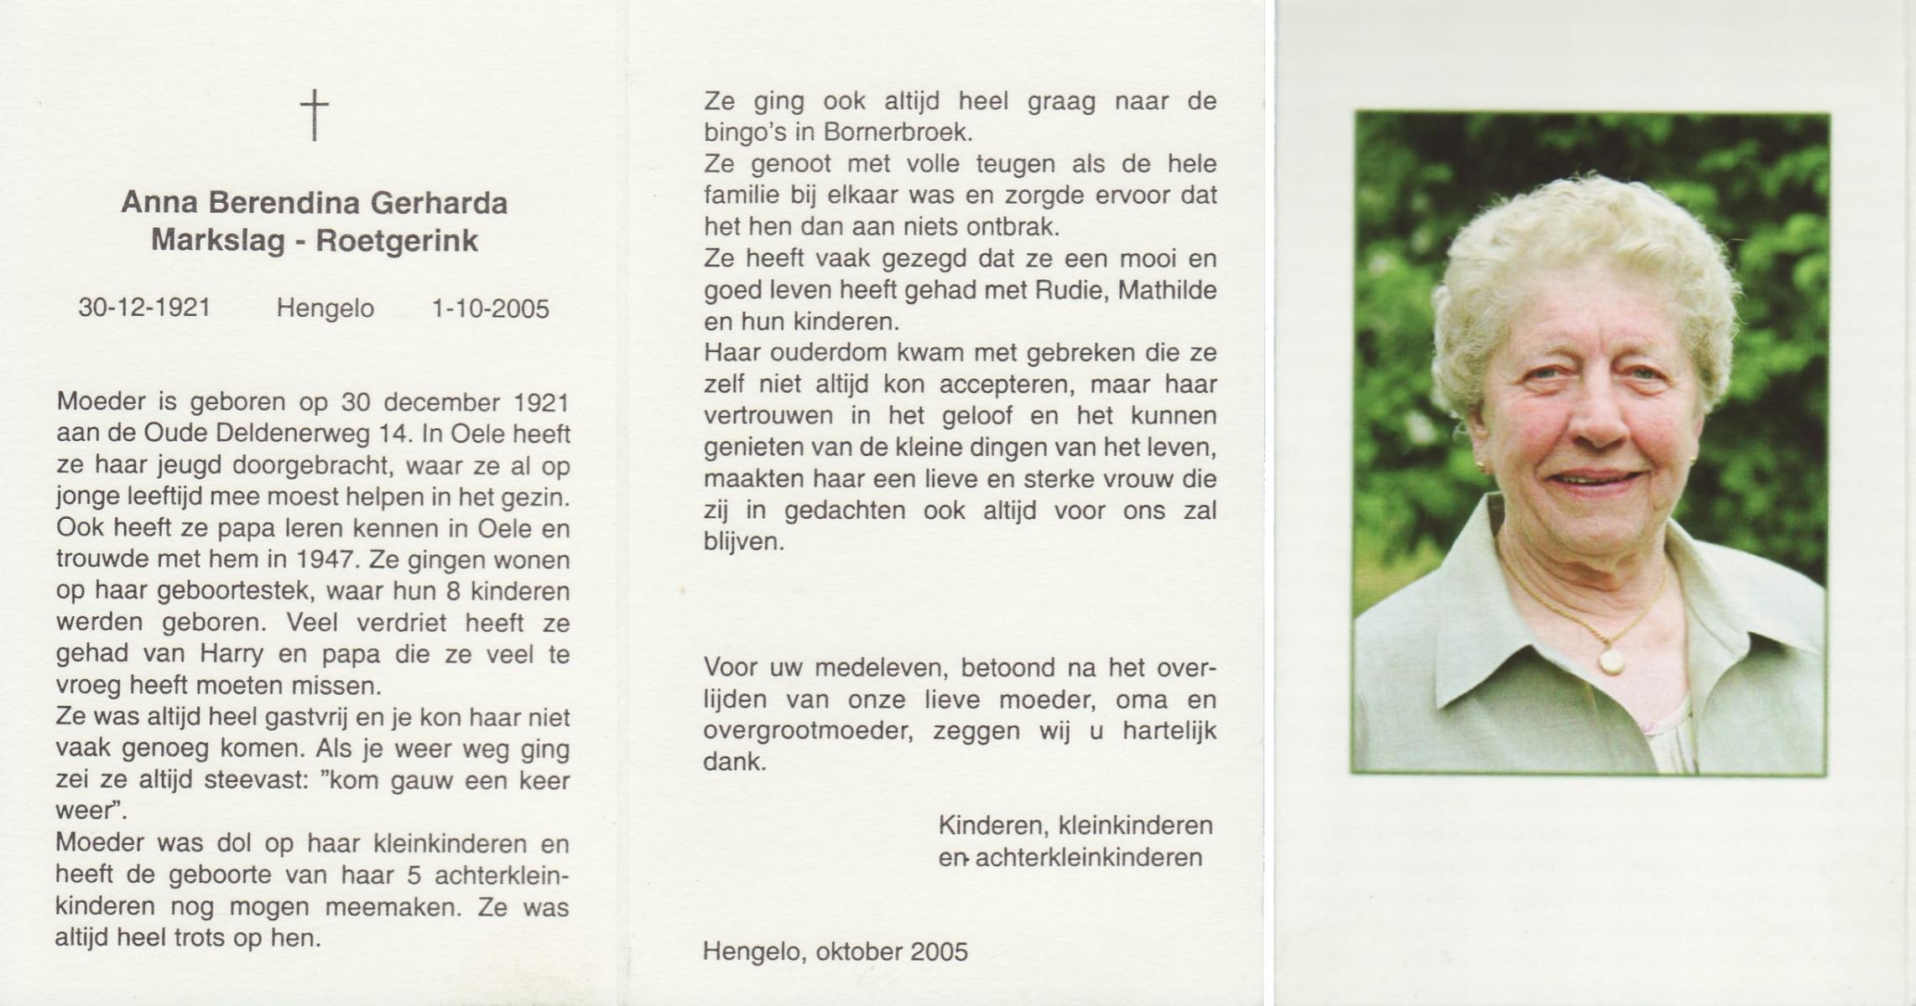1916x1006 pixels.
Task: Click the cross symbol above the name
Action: (x=315, y=116)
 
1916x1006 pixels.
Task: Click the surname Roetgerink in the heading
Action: (x=396, y=241)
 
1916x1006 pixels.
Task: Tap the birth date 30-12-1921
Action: (x=144, y=309)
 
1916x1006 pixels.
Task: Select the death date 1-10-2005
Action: (x=490, y=309)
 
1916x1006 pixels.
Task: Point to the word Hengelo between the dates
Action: (x=325, y=309)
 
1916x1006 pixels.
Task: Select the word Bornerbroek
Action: (x=898, y=132)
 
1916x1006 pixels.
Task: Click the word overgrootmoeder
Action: (x=808, y=731)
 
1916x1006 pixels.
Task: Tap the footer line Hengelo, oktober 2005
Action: (x=836, y=952)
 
